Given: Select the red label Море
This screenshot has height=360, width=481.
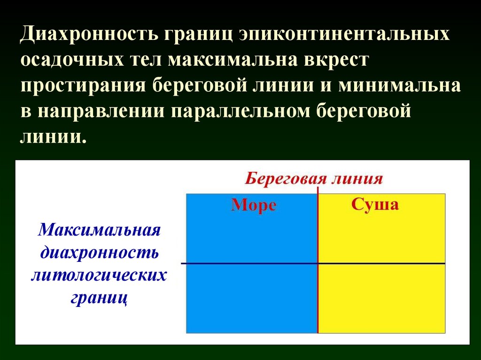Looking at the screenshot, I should pos(254,206).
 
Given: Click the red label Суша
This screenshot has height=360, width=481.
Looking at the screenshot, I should pos(375,205).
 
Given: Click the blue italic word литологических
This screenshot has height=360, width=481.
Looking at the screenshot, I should pos(99,275).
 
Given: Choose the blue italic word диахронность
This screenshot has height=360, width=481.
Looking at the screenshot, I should pos(100,253).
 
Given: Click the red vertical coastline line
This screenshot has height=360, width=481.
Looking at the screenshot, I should pos(318,300).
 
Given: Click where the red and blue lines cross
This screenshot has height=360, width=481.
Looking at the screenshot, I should pos(318,263).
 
